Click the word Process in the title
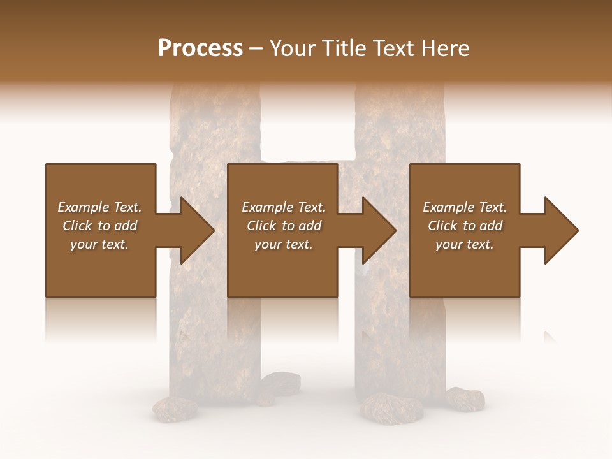click(x=200, y=48)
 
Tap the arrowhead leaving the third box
click(x=560, y=230)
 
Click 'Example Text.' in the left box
click(x=99, y=207)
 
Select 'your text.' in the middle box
click(x=283, y=244)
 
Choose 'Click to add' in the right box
click(x=465, y=226)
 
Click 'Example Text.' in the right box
click(x=465, y=207)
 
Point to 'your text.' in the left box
click(x=99, y=244)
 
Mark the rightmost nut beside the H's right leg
click(x=465, y=398)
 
